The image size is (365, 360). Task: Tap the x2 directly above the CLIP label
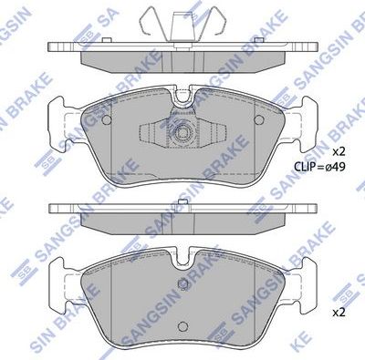338,150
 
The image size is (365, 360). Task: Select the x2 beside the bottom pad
338,312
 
